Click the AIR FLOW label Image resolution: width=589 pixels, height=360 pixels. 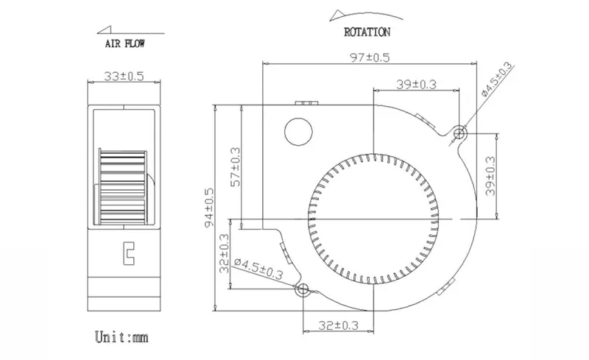point(124,43)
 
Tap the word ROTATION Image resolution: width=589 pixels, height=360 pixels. point(367,32)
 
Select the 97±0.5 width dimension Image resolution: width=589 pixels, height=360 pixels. point(370,57)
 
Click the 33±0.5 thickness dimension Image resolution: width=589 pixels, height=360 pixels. point(124,77)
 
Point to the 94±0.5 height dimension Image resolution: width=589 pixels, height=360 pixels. point(209,208)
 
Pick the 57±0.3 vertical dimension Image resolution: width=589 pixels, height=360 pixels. point(236,167)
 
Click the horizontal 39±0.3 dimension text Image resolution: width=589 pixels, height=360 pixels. point(416,85)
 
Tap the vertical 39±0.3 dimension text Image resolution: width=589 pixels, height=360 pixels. point(490,176)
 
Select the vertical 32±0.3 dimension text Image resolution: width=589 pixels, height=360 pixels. point(225,253)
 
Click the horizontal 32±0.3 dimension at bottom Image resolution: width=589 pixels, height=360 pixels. point(338,325)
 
